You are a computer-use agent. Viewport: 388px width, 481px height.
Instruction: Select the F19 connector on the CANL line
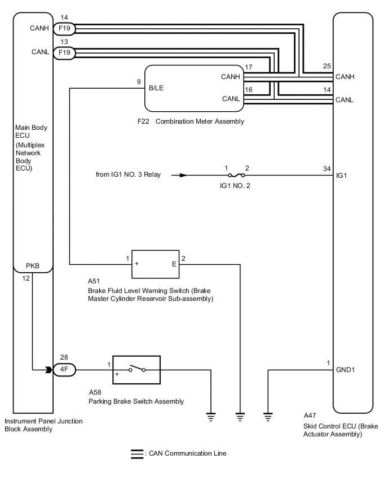pos(64,53)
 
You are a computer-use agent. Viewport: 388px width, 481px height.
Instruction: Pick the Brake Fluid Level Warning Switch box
pos(156,264)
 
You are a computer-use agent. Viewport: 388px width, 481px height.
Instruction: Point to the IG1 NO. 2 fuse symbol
pos(237,175)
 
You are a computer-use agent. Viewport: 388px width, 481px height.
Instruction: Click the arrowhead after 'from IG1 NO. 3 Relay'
pos(183,175)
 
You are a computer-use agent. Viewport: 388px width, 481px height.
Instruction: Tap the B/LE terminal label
pos(156,88)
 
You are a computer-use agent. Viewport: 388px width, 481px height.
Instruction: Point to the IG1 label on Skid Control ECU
pos(341,176)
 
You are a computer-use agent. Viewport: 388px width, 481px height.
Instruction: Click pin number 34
pos(327,168)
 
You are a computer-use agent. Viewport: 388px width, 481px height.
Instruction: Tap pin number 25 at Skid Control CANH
pos(327,67)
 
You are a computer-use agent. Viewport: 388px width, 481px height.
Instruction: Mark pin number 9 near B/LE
pos(139,82)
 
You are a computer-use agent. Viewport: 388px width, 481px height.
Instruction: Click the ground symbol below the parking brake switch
pos(211,417)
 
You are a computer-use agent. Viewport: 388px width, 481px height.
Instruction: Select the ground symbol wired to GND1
pos(268,417)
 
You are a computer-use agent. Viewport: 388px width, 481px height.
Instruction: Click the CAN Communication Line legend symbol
pos(136,453)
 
